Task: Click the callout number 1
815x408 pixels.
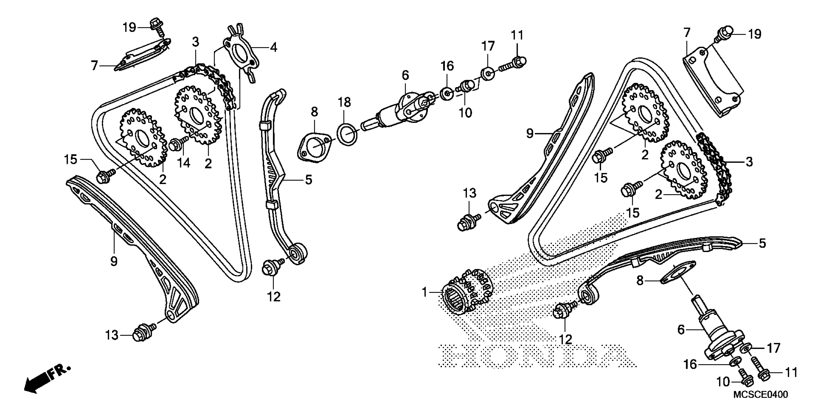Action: coord(424,292)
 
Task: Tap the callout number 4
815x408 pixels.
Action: coord(273,48)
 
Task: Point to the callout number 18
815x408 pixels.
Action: coord(344,102)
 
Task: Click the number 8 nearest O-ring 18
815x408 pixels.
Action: coord(314,112)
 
